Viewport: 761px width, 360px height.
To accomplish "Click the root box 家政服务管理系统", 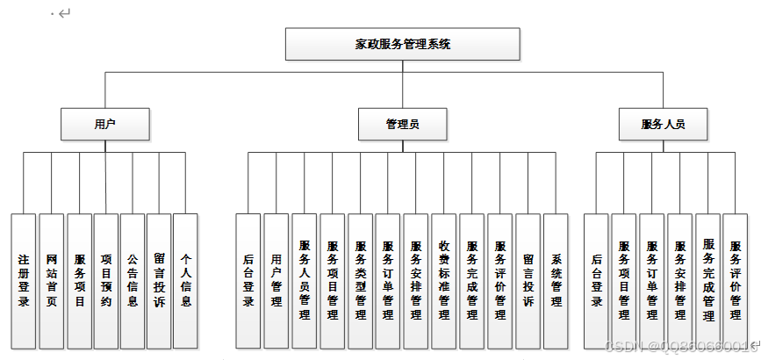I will [x=402, y=44].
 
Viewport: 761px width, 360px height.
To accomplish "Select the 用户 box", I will [x=104, y=124].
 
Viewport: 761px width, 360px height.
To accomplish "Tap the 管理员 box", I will [x=402, y=124].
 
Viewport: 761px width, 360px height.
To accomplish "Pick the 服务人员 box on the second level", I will [x=663, y=124].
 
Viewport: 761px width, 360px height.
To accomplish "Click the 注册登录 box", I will [x=25, y=280].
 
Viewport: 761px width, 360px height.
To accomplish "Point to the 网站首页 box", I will [x=52, y=280].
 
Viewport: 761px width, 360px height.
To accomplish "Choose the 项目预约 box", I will [x=106, y=280].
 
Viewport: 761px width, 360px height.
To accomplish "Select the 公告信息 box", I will [x=133, y=280].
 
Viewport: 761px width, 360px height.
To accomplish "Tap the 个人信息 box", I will [x=185, y=280].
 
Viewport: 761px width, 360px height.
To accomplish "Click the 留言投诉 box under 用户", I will [x=159, y=280].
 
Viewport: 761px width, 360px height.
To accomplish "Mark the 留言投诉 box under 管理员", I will [x=528, y=280].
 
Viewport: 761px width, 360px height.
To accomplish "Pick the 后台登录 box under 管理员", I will [x=248, y=280].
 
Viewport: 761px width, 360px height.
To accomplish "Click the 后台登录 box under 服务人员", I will [x=596, y=280].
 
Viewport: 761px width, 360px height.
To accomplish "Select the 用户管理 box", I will [x=276, y=280].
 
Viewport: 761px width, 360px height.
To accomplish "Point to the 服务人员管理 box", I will [x=305, y=280].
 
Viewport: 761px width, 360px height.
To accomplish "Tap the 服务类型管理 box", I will [x=360, y=280].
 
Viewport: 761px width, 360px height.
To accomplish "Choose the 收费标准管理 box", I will [x=444, y=280].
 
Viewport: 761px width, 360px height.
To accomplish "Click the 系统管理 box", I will [x=556, y=280].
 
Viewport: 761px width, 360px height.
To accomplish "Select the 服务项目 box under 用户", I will [x=79, y=280].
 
